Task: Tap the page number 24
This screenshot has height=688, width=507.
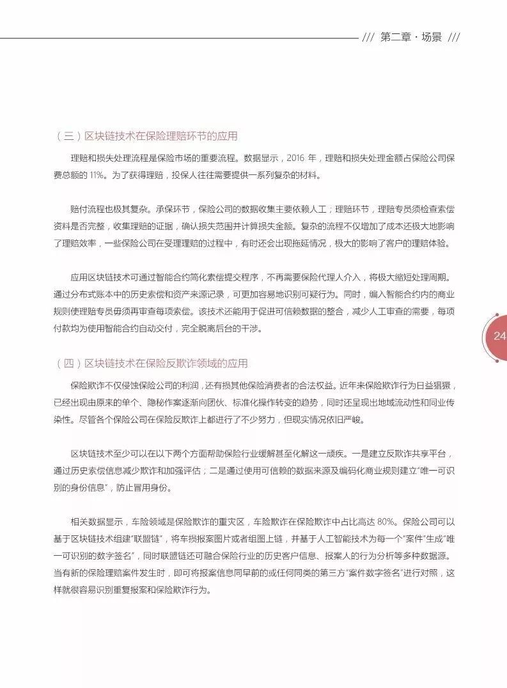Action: pyautogui.click(x=499, y=336)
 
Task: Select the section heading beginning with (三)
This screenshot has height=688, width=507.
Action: pyautogui.click(x=147, y=136)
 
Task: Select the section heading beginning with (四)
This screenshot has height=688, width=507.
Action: pyautogui.click(x=152, y=363)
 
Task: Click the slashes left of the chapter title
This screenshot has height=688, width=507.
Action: pyautogui.click(x=368, y=37)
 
